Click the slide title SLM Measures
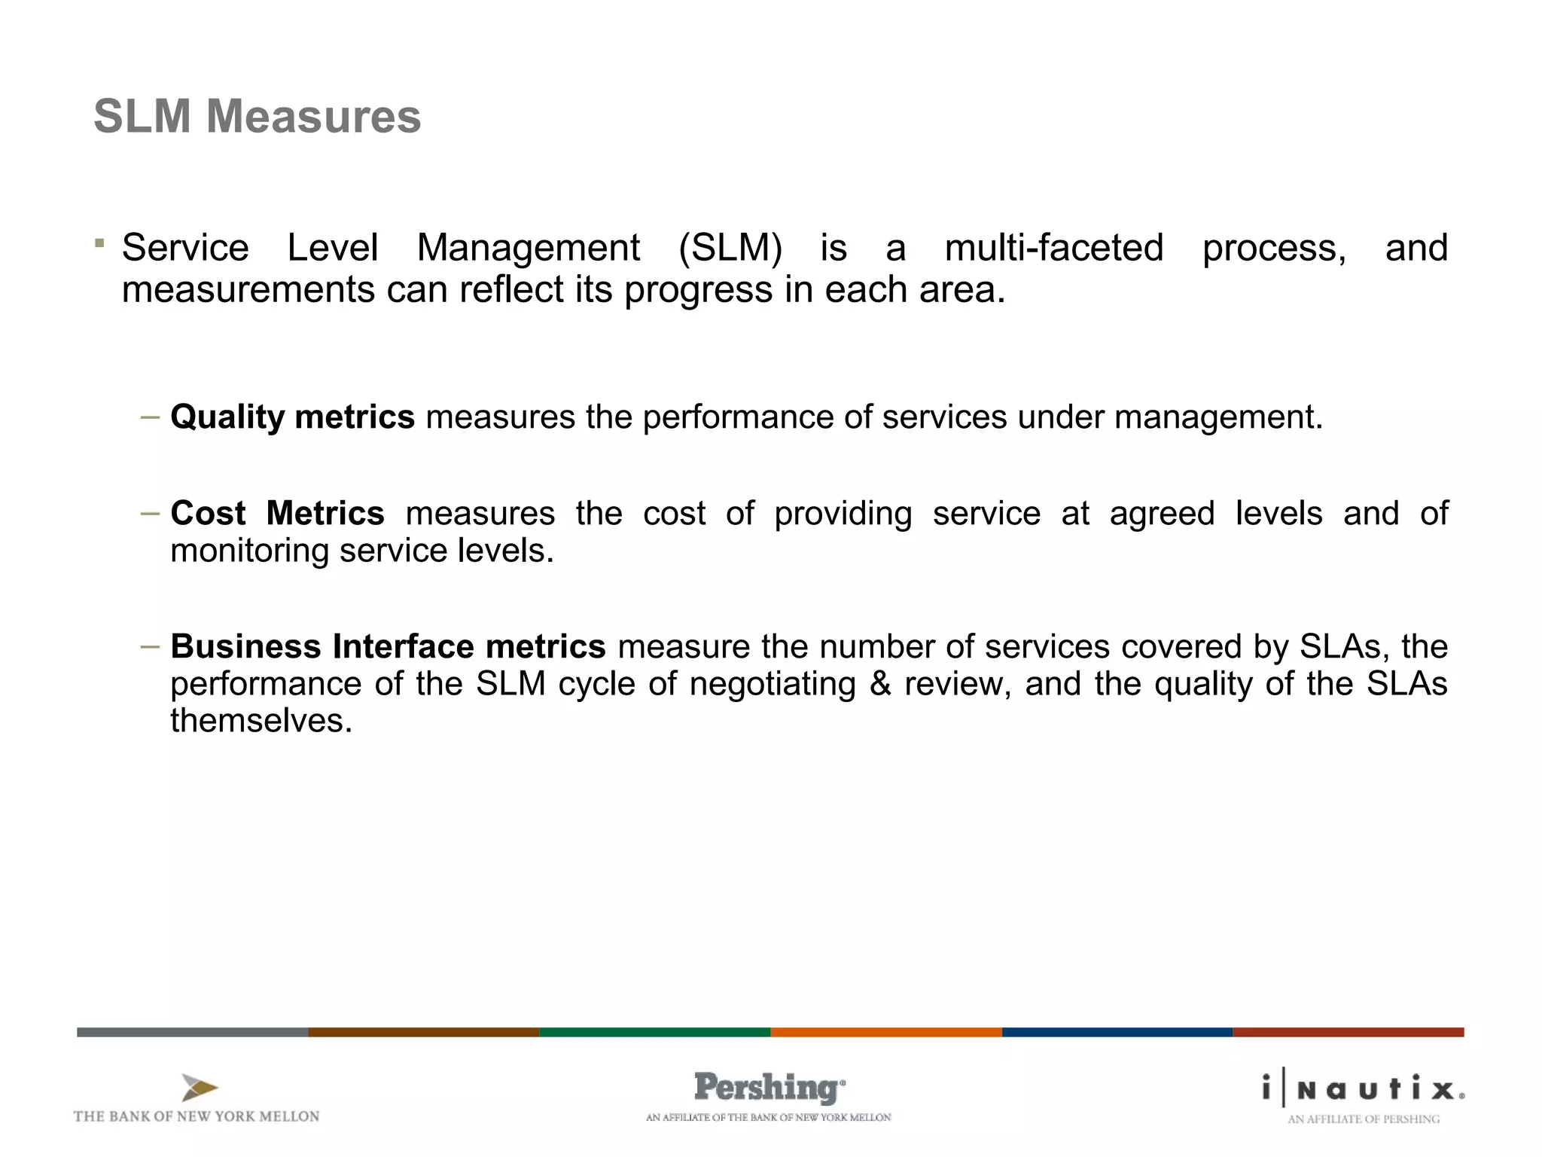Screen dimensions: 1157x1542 coord(257,117)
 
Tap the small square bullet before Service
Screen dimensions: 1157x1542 coord(99,243)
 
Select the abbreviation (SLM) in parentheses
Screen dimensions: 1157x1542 coord(730,248)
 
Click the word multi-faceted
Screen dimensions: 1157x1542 coord(1054,248)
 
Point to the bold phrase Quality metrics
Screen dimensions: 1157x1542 coord(292,417)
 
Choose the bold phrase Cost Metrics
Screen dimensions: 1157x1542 coord(277,514)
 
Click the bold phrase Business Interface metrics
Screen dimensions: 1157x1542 coord(388,647)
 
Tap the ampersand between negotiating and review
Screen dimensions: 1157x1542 coord(879,684)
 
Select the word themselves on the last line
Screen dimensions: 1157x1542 coord(261,721)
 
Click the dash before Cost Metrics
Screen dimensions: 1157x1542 coord(150,514)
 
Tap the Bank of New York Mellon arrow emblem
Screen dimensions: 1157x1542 coord(199,1087)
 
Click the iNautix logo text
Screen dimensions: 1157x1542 coord(1363,1088)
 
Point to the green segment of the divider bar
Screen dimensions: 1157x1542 coord(654,1032)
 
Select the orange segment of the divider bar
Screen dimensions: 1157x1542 coord(885,1032)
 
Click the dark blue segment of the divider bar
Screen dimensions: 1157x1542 coord(1117,1032)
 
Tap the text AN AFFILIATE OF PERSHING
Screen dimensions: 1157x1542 coord(1363,1119)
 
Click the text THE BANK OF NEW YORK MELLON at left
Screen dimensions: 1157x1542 coord(197,1116)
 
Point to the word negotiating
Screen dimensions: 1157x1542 coord(773,684)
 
